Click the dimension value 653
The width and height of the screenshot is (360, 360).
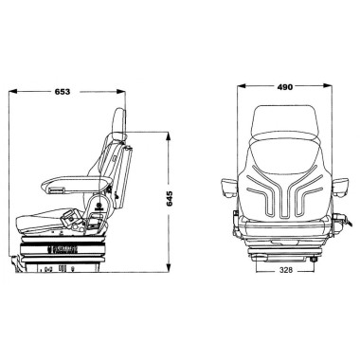(x=63, y=92)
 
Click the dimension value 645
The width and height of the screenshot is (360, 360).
(x=170, y=198)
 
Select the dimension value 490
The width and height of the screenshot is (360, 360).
(x=285, y=86)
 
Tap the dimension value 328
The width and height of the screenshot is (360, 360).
(x=286, y=270)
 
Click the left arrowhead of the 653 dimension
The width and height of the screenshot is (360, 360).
(x=12, y=92)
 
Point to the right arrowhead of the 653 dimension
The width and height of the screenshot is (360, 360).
(x=121, y=92)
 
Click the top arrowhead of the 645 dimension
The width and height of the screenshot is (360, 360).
(x=169, y=136)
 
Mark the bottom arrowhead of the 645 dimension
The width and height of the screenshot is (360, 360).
(x=169, y=267)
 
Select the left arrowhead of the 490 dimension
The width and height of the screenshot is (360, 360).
(x=242, y=85)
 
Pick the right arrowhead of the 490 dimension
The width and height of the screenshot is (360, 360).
(x=328, y=85)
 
